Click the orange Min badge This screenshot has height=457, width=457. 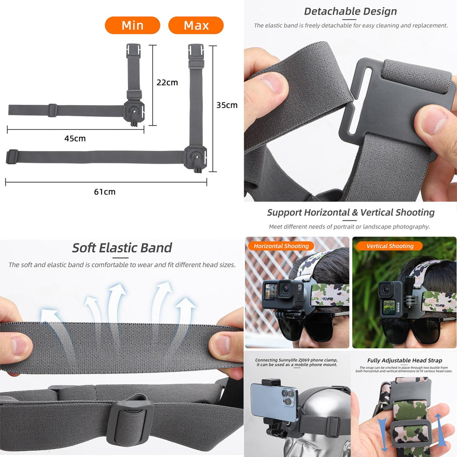tap(132, 26)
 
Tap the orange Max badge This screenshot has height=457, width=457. tap(196, 26)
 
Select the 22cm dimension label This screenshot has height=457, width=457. tap(167, 82)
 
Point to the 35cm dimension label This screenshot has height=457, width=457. tap(227, 105)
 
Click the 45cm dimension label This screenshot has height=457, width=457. tap(75, 139)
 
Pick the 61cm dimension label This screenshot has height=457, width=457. tap(105, 192)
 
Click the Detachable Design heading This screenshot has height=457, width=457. tap(350, 11)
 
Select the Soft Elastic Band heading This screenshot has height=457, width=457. tap(122, 248)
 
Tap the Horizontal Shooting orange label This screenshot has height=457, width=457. tap(281, 246)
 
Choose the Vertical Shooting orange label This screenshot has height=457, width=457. tap(390, 246)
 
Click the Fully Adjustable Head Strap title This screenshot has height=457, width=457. tap(404, 360)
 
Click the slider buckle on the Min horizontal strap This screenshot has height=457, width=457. tap(53, 110)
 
